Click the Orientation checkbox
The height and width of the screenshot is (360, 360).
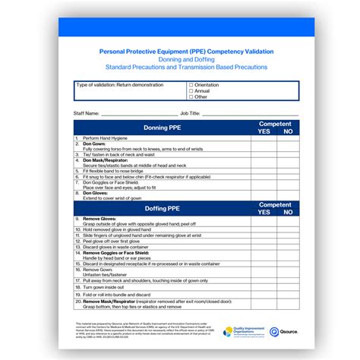(191, 85)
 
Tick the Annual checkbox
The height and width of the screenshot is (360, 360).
(191, 91)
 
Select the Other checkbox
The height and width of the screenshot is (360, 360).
(191, 97)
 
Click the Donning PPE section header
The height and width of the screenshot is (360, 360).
(163, 128)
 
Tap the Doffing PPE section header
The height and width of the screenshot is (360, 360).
(163, 208)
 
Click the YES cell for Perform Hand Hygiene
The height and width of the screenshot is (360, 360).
(264, 139)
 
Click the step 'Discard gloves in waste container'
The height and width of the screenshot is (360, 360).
(116, 247)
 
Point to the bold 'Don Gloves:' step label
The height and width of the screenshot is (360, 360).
(96, 193)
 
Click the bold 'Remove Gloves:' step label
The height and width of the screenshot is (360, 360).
(99, 219)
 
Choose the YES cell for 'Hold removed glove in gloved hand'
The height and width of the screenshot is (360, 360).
(264, 230)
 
